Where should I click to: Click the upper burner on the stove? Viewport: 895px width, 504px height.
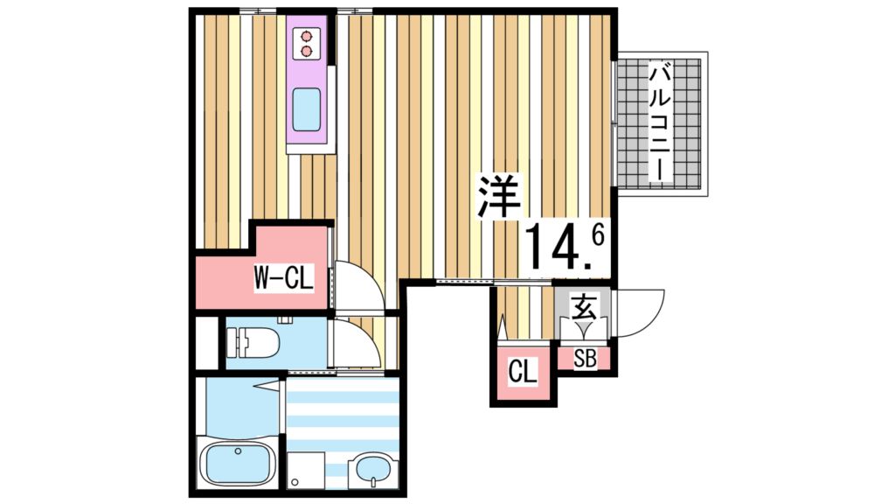click(307, 37)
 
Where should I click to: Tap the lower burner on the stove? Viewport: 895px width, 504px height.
click(307, 51)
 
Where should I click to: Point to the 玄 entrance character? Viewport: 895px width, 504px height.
click(583, 308)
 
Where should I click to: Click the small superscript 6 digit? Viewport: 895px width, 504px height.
click(599, 234)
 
